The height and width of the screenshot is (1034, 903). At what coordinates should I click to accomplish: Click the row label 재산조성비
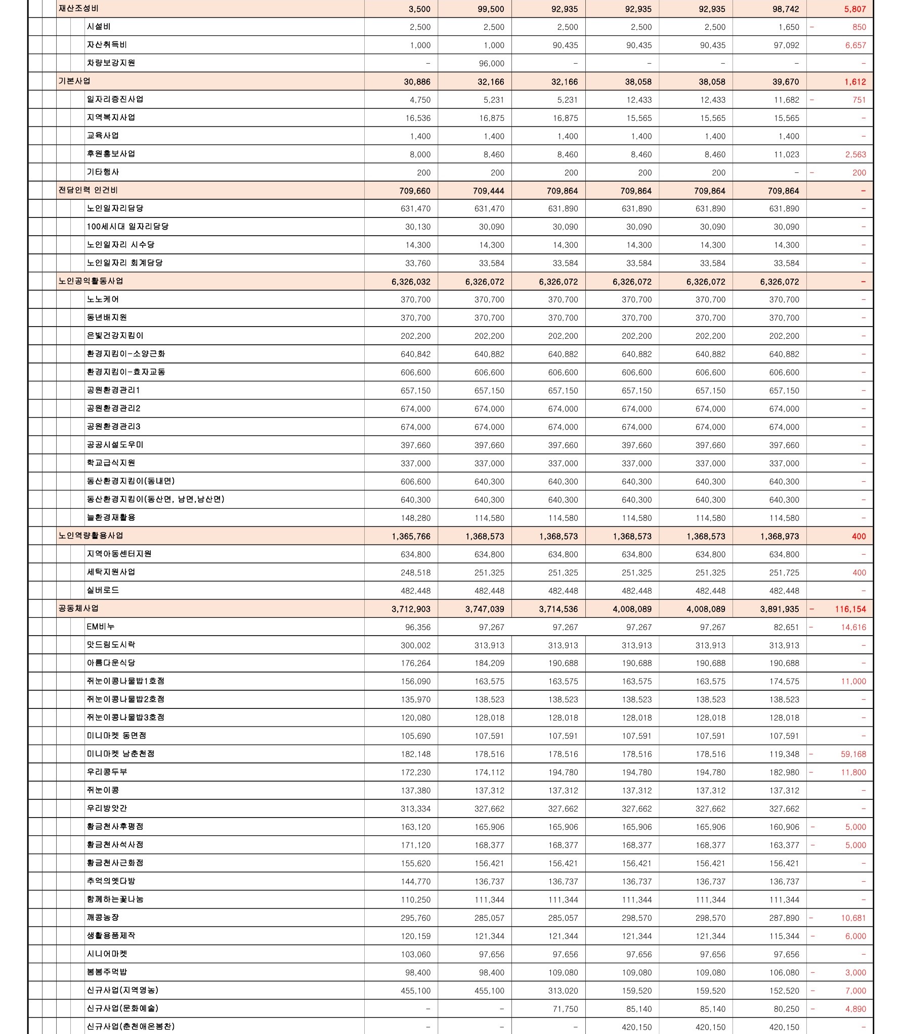[79, 9]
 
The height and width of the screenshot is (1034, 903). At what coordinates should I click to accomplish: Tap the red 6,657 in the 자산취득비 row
[855, 45]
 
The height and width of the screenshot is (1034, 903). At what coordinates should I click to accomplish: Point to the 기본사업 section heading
[75, 81]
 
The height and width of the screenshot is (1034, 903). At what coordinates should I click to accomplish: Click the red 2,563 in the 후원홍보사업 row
[855, 154]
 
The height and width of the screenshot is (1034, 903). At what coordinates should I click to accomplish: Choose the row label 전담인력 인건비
[89, 191]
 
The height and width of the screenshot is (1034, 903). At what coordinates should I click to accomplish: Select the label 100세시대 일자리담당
[127, 227]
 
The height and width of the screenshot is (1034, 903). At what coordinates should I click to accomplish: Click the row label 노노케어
[103, 299]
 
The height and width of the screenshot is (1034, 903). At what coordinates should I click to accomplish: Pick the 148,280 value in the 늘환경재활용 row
[415, 518]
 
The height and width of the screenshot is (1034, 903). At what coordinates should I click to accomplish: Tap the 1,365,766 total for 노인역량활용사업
[411, 536]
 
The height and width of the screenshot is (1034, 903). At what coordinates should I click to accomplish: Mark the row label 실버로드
[103, 590]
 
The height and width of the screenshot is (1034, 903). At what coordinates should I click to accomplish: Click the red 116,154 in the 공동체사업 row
[850, 609]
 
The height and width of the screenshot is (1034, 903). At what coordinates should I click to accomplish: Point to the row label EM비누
[101, 626]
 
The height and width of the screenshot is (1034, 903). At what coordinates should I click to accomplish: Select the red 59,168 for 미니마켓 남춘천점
[853, 754]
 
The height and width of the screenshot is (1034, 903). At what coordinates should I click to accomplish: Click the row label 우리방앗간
[107, 808]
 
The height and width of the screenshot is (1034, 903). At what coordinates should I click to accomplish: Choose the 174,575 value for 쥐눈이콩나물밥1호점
[784, 681]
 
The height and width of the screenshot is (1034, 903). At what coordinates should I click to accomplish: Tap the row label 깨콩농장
[103, 917]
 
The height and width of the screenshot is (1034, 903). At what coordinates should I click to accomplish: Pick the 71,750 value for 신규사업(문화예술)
[565, 1009]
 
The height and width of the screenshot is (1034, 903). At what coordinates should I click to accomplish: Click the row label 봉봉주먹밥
[107, 972]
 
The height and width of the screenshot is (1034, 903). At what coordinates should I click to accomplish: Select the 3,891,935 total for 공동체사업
[780, 609]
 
